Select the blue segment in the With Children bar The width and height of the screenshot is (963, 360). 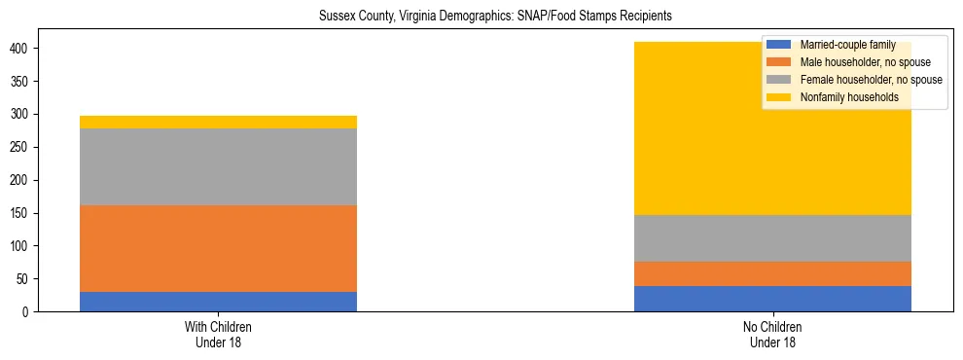(x=218, y=302)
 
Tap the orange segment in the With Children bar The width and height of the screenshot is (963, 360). (x=218, y=248)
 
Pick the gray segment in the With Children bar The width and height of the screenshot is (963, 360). (x=218, y=166)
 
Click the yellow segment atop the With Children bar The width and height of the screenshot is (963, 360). (x=218, y=122)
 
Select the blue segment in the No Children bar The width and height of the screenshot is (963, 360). (x=772, y=299)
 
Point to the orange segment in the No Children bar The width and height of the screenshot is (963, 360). (x=772, y=273)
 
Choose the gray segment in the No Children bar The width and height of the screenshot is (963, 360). (x=772, y=238)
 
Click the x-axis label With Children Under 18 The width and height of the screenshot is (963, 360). (x=218, y=334)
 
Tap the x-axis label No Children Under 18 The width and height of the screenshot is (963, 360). (x=772, y=334)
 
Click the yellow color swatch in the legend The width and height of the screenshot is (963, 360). (x=779, y=97)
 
